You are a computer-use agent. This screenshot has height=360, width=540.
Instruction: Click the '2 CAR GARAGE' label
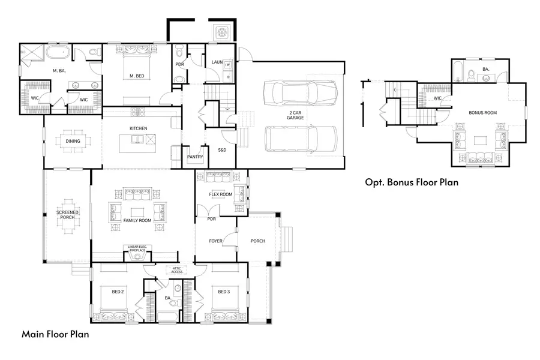coord(295,115)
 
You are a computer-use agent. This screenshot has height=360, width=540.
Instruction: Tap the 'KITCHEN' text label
coord(139,128)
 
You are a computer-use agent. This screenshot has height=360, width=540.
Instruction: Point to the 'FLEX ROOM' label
coord(220,194)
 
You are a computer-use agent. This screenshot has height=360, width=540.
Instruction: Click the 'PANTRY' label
coord(195,157)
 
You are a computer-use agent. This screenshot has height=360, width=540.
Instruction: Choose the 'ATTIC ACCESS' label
coord(177,271)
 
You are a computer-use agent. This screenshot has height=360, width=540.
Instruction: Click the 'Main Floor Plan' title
coord(55,334)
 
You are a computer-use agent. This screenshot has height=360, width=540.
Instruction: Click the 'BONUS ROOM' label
coord(482,112)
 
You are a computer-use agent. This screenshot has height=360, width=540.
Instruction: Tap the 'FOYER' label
coord(215,241)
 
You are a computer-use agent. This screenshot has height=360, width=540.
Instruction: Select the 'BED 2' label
coord(118,292)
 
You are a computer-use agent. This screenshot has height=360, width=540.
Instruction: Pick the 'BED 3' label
coord(223,292)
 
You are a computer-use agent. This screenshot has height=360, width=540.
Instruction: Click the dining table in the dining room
coord(73,142)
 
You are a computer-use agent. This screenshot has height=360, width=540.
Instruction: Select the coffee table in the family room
coord(137,212)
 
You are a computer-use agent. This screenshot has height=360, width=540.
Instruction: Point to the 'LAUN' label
coord(217,62)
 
